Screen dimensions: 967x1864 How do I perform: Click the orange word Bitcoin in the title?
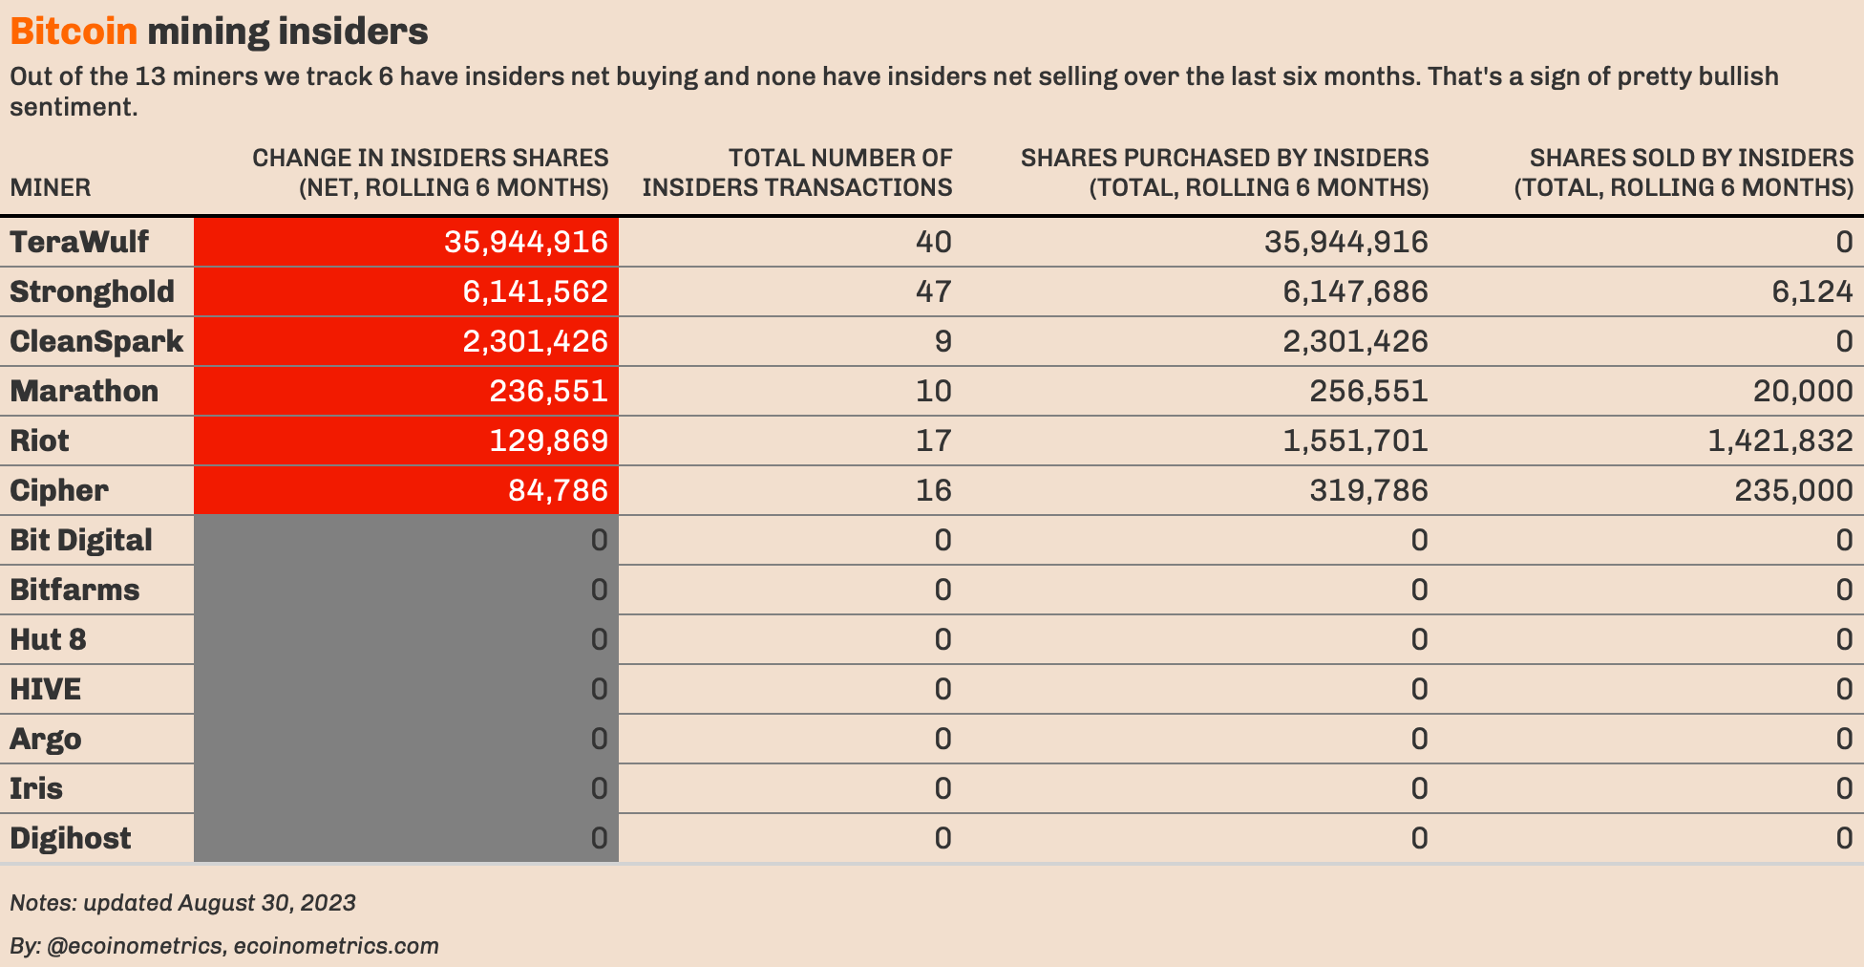click(74, 32)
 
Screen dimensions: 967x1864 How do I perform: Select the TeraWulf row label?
click(79, 242)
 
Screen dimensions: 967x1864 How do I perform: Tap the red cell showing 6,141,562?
click(535, 291)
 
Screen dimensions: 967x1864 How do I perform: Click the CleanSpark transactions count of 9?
click(943, 341)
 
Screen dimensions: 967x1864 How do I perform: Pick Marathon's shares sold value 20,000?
click(1802, 391)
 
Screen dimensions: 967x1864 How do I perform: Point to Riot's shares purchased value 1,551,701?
click(1355, 441)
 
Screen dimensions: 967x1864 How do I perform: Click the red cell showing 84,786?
click(558, 490)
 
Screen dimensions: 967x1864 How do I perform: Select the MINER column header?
click(51, 187)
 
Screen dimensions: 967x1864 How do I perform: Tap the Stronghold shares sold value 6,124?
click(1811, 291)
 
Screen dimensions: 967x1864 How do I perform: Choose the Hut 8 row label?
click(48, 639)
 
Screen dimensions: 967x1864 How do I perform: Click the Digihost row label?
click(71, 838)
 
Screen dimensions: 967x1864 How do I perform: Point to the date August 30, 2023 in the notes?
click(266, 903)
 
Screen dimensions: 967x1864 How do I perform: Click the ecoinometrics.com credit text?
click(336, 946)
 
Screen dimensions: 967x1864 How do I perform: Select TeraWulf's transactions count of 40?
click(933, 242)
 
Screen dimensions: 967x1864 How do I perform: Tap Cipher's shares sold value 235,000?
click(1792, 490)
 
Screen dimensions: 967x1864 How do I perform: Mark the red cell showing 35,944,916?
click(525, 242)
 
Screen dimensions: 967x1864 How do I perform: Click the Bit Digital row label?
click(81, 540)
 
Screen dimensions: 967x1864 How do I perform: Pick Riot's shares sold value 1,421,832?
click(1780, 441)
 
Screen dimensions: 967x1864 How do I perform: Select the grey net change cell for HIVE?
click(406, 689)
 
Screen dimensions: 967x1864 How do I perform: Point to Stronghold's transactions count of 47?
click(933, 291)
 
